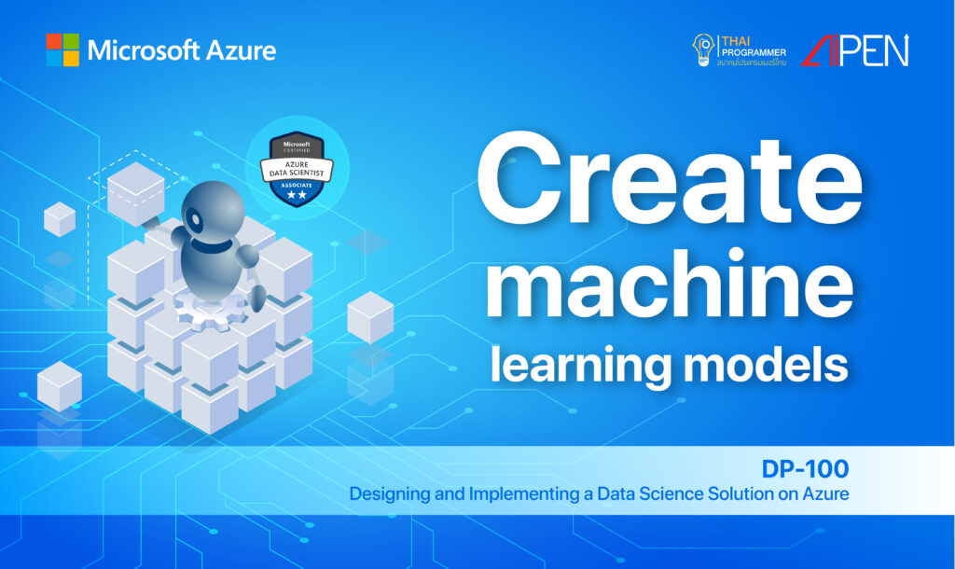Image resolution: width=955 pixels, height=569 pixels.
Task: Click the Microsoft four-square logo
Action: tap(62, 49)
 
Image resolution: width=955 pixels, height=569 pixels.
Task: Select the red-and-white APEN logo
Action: tap(854, 50)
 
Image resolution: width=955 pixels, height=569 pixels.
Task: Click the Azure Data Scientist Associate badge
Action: tap(296, 168)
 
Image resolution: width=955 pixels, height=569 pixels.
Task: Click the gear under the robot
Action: tap(208, 307)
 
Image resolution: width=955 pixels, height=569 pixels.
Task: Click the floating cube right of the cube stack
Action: tap(370, 316)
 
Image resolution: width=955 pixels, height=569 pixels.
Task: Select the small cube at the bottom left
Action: tap(59, 386)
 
